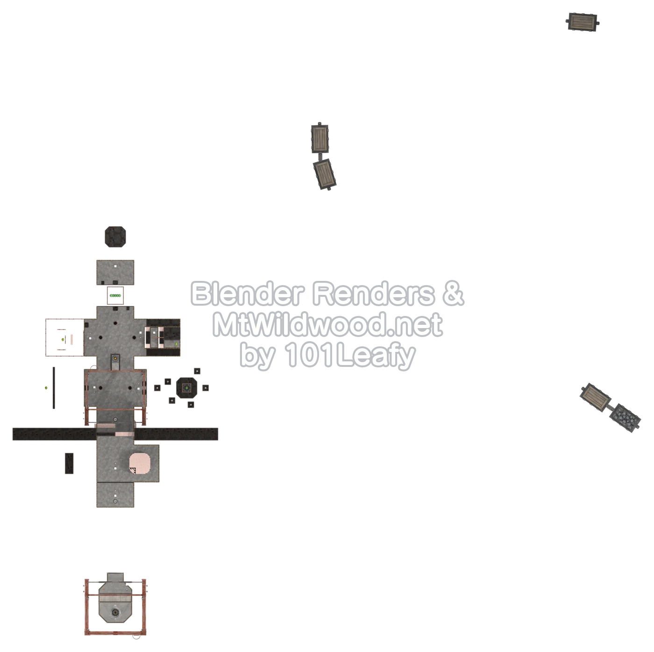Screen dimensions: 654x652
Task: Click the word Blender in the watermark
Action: point(247,294)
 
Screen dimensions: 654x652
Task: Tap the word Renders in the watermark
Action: point(373,294)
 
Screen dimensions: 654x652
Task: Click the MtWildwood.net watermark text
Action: point(327,325)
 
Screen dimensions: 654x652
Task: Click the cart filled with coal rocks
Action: point(625,418)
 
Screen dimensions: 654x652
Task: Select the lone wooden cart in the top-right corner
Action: point(583,21)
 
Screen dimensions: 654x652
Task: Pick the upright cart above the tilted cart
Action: point(320,138)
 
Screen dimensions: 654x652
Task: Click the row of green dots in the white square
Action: point(115,295)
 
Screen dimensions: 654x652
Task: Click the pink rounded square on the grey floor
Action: point(140,463)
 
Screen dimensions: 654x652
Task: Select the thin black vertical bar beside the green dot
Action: point(54,388)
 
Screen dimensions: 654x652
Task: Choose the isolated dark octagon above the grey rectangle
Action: point(115,236)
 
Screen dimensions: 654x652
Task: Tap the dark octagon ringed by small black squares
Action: point(186,387)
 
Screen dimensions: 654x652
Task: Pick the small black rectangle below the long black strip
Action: point(69,463)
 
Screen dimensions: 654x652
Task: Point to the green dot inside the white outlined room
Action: point(63,339)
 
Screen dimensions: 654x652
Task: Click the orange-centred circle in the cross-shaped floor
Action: point(115,358)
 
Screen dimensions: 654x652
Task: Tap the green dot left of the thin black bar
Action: point(46,387)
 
